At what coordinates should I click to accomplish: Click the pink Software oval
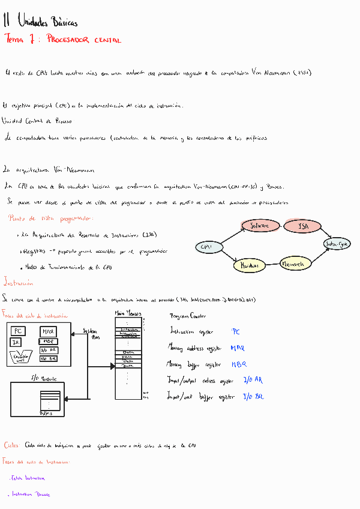259,226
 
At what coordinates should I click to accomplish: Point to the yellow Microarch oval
293,263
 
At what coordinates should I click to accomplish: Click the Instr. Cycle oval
337,244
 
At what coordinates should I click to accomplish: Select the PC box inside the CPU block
19,331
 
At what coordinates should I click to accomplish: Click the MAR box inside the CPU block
48,331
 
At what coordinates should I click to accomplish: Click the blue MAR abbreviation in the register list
237,348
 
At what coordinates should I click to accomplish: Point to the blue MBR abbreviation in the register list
238,364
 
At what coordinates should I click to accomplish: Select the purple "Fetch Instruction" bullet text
28,478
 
